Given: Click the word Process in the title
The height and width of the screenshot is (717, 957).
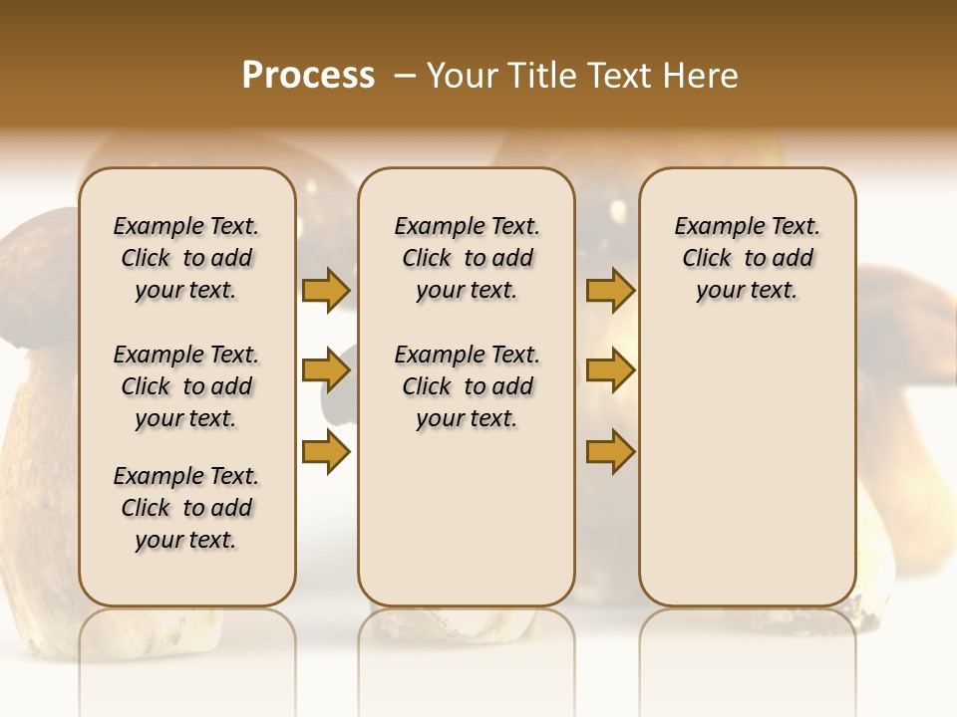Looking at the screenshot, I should [x=308, y=76].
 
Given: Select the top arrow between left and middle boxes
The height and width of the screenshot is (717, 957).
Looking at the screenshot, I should [x=326, y=290].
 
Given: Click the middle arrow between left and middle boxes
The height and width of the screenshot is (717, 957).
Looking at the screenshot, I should [x=326, y=371].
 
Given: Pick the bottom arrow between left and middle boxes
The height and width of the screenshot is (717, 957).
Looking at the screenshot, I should [x=326, y=452].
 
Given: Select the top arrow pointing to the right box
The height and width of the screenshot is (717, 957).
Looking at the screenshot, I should [x=610, y=290].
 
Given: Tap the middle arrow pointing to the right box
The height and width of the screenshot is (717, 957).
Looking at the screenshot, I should [x=610, y=371].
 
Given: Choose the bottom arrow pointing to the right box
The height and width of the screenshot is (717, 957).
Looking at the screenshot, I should [x=610, y=452].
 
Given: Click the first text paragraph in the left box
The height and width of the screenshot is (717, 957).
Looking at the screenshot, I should [x=185, y=258].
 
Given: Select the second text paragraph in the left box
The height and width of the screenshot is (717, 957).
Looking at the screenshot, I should [x=185, y=386].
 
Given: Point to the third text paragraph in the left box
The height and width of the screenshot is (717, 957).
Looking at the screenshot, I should [x=185, y=508].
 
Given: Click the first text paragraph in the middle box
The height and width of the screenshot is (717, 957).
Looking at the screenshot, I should [x=467, y=258].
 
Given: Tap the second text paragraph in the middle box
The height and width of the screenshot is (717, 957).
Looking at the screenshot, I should [x=467, y=386].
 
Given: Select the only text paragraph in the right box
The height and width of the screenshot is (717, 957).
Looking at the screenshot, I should [x=747, y=258].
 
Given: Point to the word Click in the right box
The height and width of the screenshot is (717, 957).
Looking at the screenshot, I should [x=707, y=258].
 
